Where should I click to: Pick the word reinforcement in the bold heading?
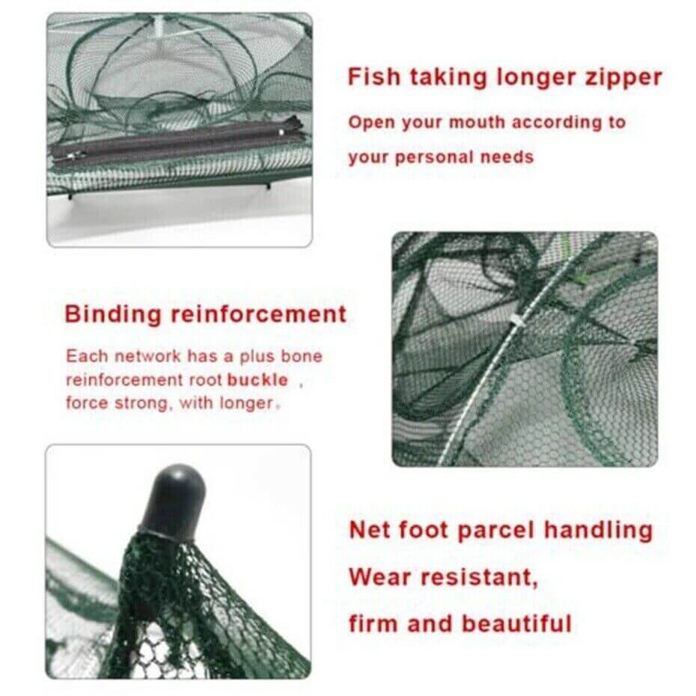(x=259, y=314)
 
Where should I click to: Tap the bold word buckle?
(x=257, y=379)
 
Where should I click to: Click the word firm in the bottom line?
(x=373, y=623)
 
